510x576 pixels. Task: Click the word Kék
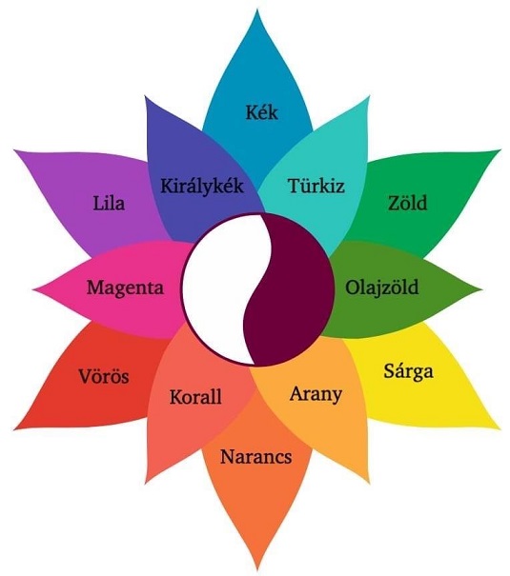(x=261, y=112)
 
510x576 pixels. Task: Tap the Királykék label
(x=202, y=186)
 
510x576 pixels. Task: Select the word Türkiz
(x=316, y=185)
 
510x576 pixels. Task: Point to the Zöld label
(x=408, y=203)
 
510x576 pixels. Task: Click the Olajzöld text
(x=382, y=287)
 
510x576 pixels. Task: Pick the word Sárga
(x=409, y=371)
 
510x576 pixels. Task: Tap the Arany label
(x=316, y=394)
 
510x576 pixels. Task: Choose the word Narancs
(x=255, y=457)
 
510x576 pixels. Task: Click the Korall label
(x=195, y=397)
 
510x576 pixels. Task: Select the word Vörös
(x=104, y=376)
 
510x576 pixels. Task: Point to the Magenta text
(x=126, y=287)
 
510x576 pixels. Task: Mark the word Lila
(x=109, y=203)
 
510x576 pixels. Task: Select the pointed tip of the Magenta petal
(x=33, y=288)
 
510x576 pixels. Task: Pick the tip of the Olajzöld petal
(x=481, y=288)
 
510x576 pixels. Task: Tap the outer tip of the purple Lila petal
(x=14, y=149)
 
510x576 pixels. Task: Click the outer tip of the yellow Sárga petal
(x=500, y=428)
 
